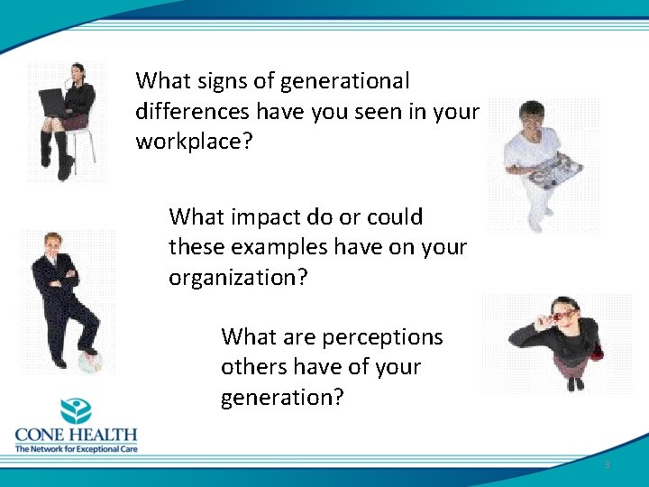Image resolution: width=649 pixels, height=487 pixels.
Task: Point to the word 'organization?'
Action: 238,278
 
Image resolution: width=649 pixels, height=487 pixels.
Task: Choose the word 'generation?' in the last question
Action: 282,398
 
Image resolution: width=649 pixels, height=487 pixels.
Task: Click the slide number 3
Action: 607,464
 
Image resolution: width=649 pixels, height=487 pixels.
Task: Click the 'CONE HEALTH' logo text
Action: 76,435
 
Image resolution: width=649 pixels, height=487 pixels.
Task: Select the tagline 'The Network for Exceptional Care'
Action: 76,448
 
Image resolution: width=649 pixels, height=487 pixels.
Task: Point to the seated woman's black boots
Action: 55,153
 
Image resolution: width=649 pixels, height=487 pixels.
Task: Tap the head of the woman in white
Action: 532,115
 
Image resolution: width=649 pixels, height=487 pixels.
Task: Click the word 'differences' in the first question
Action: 193,112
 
